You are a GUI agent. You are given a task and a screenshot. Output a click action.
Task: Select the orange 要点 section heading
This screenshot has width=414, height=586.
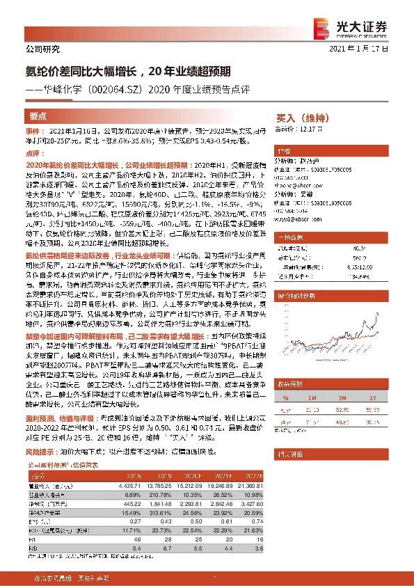coord(38,117)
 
